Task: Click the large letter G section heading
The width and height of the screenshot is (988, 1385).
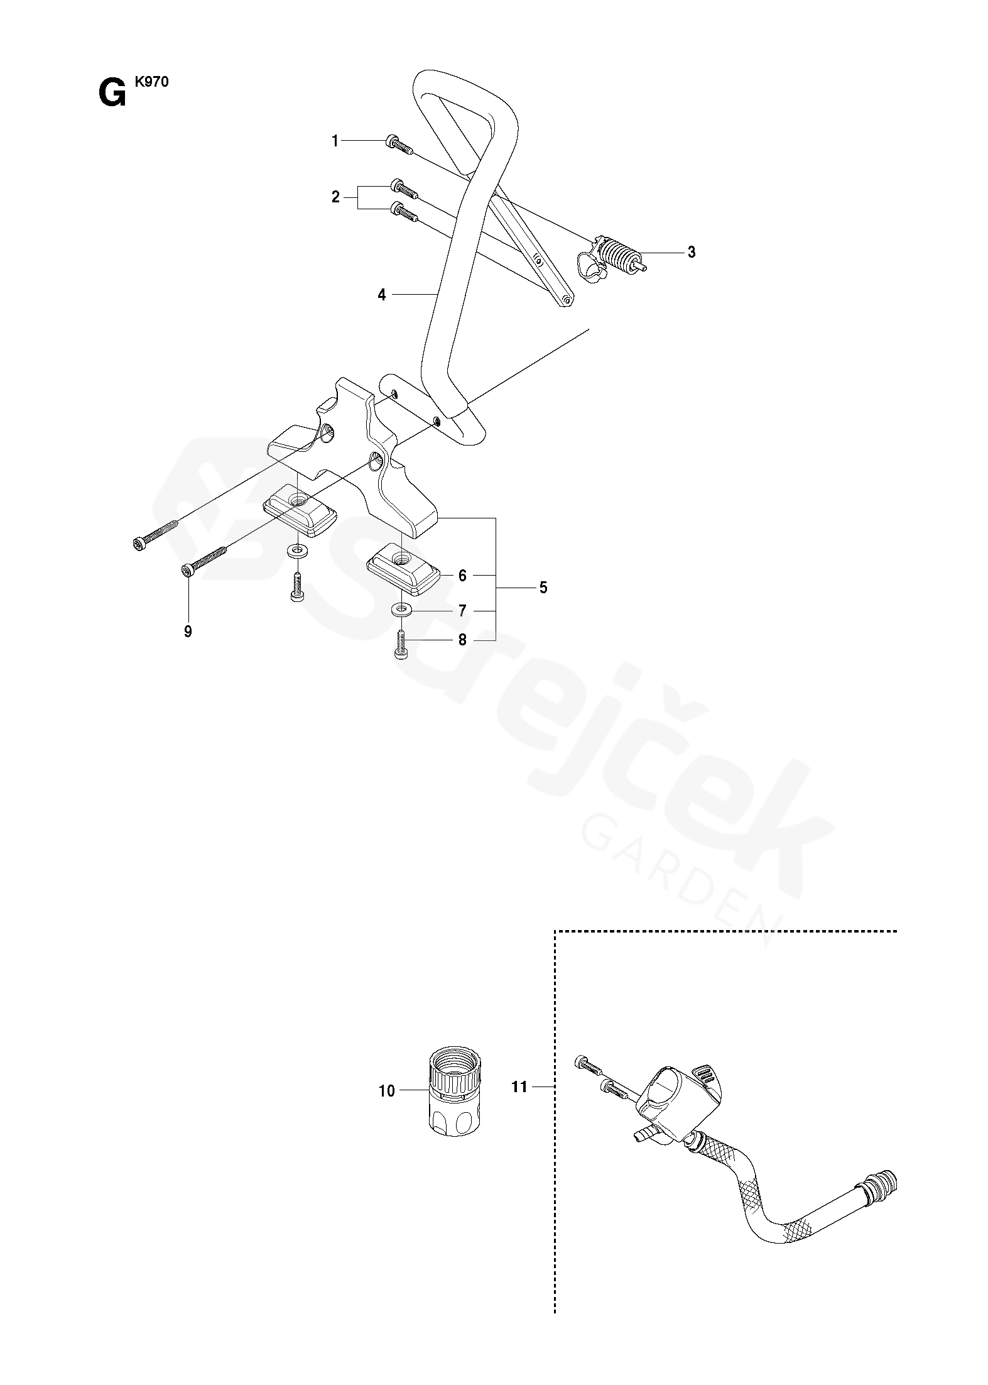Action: [x=112, y=95]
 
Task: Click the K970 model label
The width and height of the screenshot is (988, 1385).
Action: [x=151, y=82]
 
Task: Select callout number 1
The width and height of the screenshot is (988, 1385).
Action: [x=335, y=141]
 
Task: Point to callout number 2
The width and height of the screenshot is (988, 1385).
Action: [x=335, y=197]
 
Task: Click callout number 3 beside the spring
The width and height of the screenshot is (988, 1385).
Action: [x=691, y=253]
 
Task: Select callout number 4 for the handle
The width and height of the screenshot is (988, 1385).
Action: [x=382, y=294]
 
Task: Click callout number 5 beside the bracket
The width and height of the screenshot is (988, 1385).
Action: [x=543, y=588]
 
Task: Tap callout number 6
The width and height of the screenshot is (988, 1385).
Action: [x=462, y=576]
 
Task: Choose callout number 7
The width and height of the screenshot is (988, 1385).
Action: [x=462, y=611]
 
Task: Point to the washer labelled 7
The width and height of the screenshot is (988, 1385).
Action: [x=400, y=609]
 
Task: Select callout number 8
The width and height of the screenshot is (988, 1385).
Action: [x=462, y=640]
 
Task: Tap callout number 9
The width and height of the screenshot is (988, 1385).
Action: [x=188, y=632]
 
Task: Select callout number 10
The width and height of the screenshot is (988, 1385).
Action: [x=387, y=1091]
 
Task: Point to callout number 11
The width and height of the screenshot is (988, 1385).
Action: [x=519, y=1087]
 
